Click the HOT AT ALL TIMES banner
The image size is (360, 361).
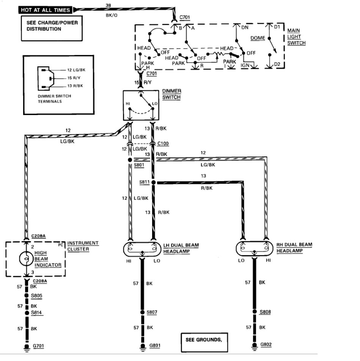coord(46,10)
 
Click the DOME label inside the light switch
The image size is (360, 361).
coord(258,38)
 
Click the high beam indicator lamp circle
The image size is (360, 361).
coord(26,260)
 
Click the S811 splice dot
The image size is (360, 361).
coord(154,183)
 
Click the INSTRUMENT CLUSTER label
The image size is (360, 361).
coord(83,246)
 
